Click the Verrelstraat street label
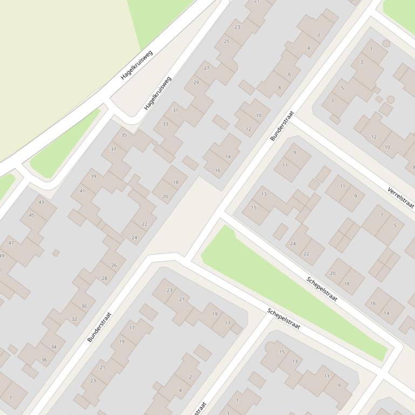(x=400, y=198)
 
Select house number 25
(x=227, y=41)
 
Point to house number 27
(x=207, y=68)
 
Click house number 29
(x=196, y=82)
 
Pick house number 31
(x=175, y=110)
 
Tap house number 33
(x=165, y=124)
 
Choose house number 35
(x=124, y=135)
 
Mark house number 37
(x=113, y=149)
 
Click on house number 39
(x=93, y=177)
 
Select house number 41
(x=83, y=191)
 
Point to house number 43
(x=42, y=203)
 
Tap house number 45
(x=31, y=216)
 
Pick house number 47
(x=11, y=243)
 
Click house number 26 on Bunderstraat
(x=114, y=265)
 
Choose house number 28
(x=104, y=279)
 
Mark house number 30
(x=84, y=306)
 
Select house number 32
(x=74, y=319)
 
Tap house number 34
(x=53, y=347)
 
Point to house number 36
(x=44, y=360)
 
